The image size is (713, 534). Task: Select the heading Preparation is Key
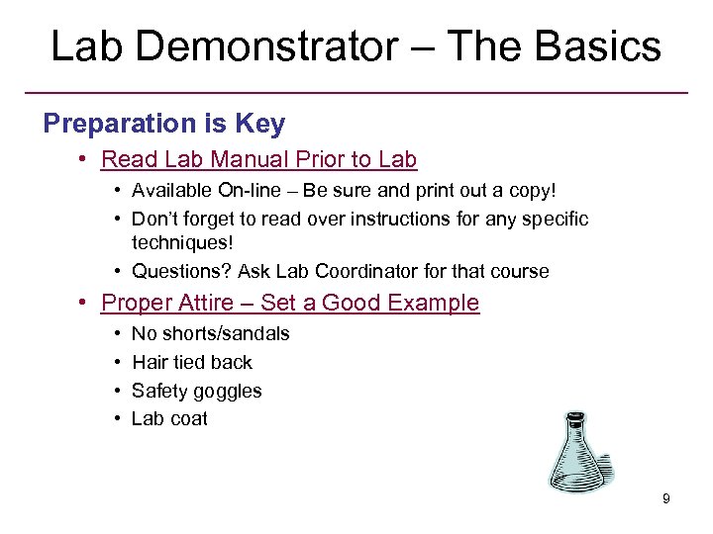click(163, 124)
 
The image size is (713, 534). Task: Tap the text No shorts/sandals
click(211, 334)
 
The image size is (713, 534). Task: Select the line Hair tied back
click(192, 362)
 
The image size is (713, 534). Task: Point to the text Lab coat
click(169, 418)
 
